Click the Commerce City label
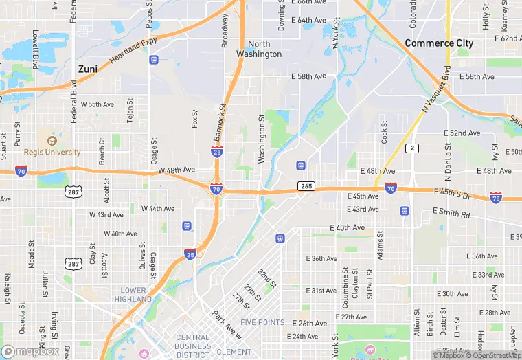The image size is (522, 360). [439, 43]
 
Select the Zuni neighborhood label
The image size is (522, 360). [87, 69]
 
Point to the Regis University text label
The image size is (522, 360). [52, 152]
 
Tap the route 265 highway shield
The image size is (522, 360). [306, 186]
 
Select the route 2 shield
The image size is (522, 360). [412, 148]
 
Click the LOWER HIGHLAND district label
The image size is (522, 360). [133, 295]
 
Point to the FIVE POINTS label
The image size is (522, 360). [262, 322]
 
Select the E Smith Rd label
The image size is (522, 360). [451, 214]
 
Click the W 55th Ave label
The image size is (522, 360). [97, 104]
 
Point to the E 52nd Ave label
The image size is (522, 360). [462, 133]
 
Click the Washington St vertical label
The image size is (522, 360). [262, 139]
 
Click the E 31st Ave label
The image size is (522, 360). [321, 291]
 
